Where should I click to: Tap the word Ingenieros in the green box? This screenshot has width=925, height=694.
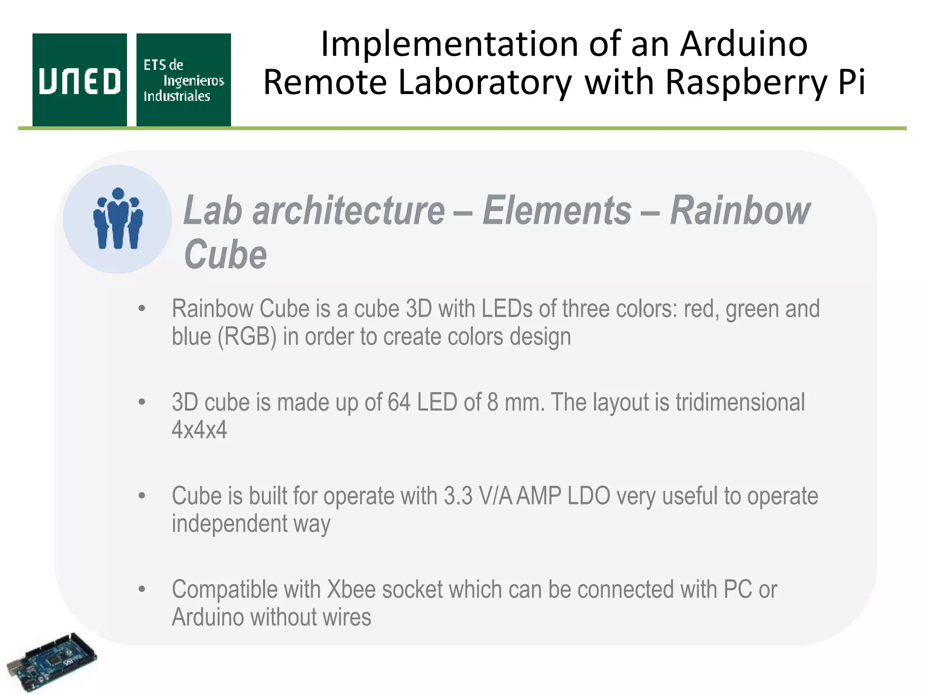[193, 81]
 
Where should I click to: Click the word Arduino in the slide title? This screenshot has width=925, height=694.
[743, 44]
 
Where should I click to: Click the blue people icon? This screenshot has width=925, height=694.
[118, 219]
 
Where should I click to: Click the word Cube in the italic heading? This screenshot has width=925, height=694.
[225, 254]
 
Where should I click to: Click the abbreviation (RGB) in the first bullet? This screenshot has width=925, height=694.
[247, 337]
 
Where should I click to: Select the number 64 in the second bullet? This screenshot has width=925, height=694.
[399, 402]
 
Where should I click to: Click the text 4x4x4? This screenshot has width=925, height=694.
[199, 429]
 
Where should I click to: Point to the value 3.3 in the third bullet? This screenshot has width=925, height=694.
[458, 496]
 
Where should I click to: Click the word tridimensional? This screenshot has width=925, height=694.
[740, 402]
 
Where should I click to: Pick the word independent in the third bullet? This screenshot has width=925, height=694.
[229, 523]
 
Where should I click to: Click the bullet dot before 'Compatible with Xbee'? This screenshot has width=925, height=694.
[142, 589]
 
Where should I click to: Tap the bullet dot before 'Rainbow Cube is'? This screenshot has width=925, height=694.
[142, 309]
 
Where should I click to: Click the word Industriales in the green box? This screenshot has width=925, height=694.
[177, 96]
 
